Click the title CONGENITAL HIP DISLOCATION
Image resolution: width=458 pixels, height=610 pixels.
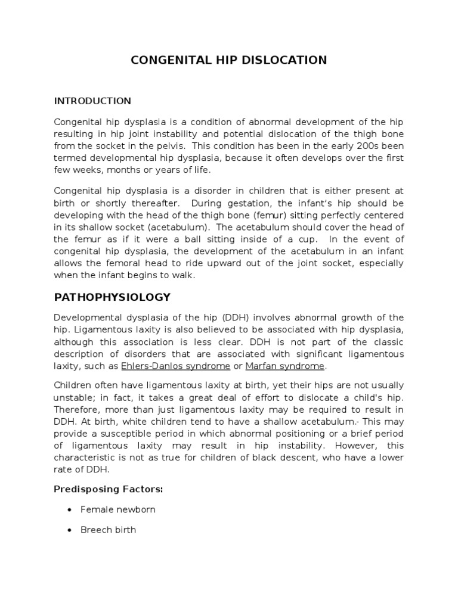pyautogui.click(x=229, y=60)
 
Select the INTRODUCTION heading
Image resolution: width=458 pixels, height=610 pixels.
pyautogui.click(x=92, y=100)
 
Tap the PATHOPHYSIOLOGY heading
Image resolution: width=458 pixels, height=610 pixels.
pyautogui.click(x=112, y=297)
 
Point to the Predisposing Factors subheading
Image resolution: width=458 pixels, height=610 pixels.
pyautogui.click(x=109, y=489)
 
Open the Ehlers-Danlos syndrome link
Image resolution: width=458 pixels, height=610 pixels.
pyautogui.click(x=175, y=366)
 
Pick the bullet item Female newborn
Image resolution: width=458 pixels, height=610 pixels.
pyautogui.click(x=118, y=509)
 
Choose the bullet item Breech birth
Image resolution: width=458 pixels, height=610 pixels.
pyautogui.click(x=108, y=530)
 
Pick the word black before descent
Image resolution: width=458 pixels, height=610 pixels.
pyautogui.click(x=275, y=457)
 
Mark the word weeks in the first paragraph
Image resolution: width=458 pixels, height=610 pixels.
pyautogui.click(x=83, y=170)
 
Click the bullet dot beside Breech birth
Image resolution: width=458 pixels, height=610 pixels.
pyautogui.click(x=70, y=530)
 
